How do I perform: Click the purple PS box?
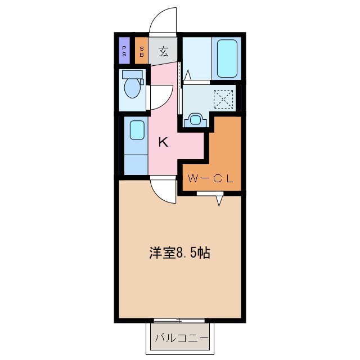(124, 51)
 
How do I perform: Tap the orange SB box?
(142, 51)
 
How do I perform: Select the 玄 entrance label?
(163, 52)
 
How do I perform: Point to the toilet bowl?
(133, 88)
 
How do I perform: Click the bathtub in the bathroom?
(227, 58)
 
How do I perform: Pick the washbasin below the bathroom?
(195, 119)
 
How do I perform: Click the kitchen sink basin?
(136, 130)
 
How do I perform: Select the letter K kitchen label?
(163, 142)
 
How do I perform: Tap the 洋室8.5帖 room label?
(179, 253)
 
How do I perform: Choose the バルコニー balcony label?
(181, 338)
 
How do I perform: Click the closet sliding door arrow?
(220, 199)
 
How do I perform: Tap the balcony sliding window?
(180, 321)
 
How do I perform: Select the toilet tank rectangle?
(133, 74)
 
